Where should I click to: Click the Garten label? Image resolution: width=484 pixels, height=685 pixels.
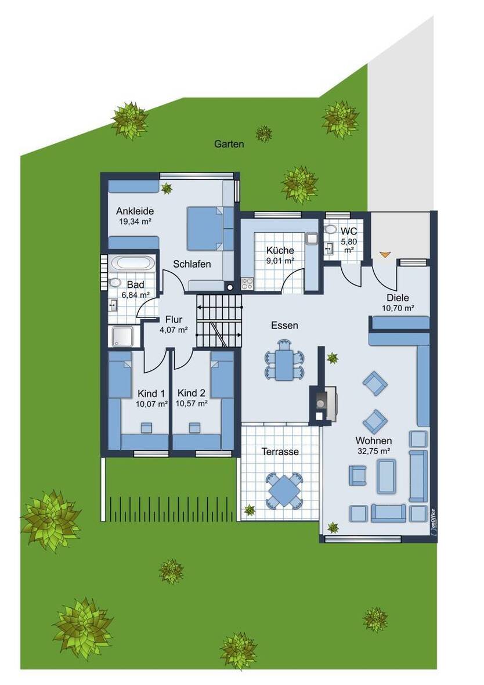[x=229, y=144]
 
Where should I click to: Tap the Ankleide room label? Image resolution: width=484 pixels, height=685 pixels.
[x=135, y=211]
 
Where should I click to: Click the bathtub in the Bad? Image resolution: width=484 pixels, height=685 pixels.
[x=133, y=262]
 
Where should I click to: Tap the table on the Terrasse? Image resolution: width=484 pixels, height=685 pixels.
[x=284, y=489]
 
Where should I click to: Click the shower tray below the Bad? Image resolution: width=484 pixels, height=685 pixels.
[x=122, y=336]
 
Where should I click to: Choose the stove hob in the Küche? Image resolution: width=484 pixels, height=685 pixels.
[x=247, y=284]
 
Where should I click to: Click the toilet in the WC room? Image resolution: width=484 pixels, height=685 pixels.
[x=331, y=229]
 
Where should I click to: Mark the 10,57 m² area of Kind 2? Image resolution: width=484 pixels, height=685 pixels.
[x=192, y=403]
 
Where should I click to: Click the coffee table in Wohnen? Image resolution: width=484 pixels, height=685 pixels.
[x=387, y=476]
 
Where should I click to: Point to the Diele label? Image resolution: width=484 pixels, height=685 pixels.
[x=398, y=298]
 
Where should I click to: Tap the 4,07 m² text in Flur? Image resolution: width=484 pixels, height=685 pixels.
[x=174, y=330]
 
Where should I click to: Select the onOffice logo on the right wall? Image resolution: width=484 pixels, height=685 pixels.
[x=432, y=520]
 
